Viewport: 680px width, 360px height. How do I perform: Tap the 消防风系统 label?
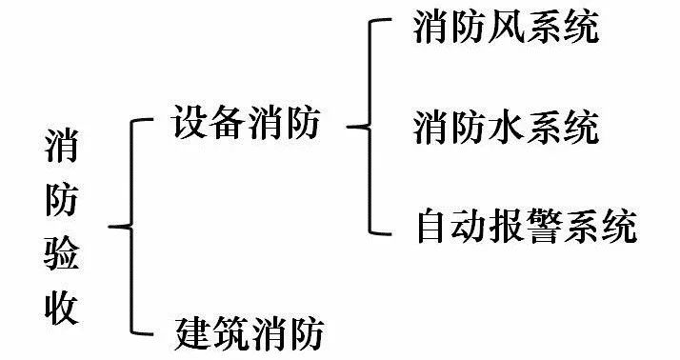coord(506,29)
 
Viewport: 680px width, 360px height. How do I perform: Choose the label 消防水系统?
coord(506,127)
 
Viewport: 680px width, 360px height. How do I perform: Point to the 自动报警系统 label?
coord(525,227)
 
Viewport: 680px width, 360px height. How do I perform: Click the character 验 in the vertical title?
coord(65,255)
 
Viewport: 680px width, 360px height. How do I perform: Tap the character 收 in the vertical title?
coord(65,308)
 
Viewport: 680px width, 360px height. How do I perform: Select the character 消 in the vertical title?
coord(65,150)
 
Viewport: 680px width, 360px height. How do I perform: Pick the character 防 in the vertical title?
coord(65,203)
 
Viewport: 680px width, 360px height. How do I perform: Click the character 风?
coord(506,29)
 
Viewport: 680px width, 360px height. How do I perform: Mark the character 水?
coord(506,127)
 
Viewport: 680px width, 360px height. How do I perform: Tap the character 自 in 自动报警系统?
coord(433,227)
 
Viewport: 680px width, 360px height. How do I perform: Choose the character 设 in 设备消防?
coord(190,125)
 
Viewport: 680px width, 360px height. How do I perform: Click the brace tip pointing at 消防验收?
coord(111,227)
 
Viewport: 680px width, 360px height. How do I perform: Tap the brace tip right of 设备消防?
coord(349,125)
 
